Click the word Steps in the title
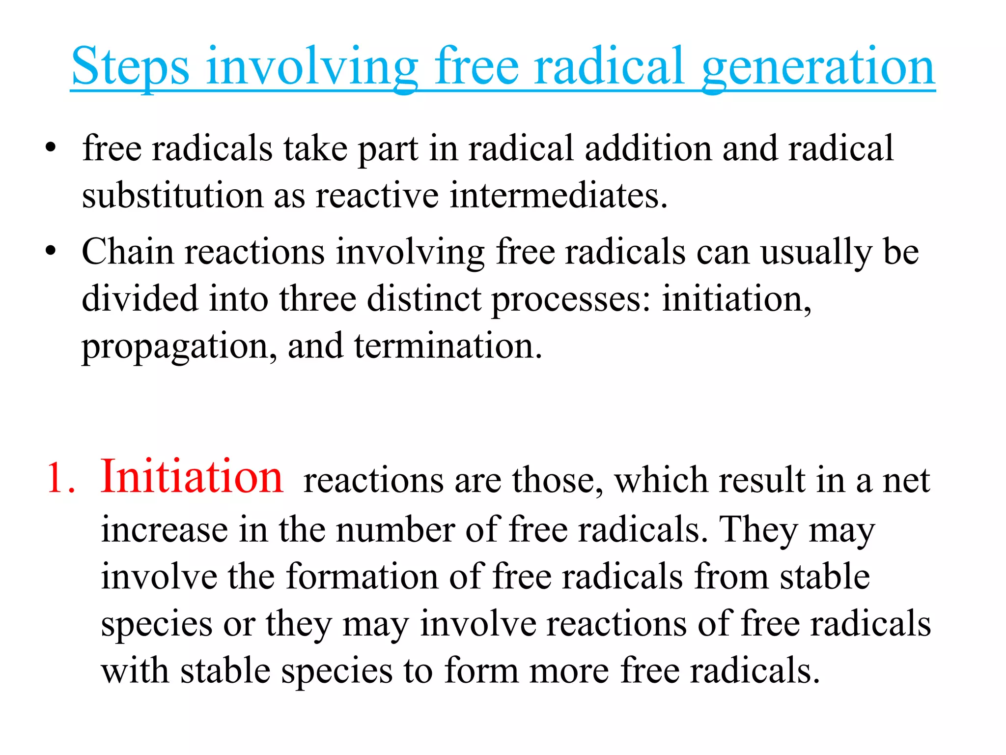pyautogui.click(x=130, y=66)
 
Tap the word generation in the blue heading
pyautogui.click(x=818, y=66)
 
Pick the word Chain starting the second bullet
pyautogui.click(x=128, y=252)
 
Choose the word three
pyautogui.click(x=318, y=299)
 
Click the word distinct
pyautogui.click(x=424, y=299)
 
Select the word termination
pyautogui.click(x=448, y=346)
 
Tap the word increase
pyautogui.click(x=165, y=530)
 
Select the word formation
pyautogui.click(x=362, y=576)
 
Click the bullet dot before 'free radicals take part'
pyautogui.click(x=51, y=148)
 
